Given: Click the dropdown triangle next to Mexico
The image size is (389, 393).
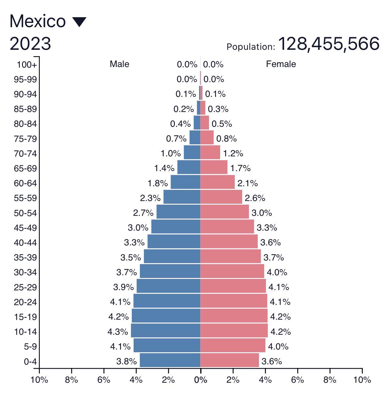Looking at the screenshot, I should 79,22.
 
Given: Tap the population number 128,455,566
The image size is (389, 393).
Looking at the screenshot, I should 329,44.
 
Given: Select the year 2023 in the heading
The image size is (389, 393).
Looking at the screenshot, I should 30,44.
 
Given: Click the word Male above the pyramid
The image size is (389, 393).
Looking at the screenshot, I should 119,64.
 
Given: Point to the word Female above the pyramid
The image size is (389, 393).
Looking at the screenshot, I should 281,64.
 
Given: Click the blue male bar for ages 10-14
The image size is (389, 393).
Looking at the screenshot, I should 166,331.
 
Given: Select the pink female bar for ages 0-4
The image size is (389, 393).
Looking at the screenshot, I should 229,360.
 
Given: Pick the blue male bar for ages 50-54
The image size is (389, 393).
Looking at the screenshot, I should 178,212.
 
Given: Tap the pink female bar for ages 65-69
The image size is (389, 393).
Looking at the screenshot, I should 214,167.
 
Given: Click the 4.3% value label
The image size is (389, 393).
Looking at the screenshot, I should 118,332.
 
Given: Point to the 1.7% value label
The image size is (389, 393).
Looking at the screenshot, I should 240,168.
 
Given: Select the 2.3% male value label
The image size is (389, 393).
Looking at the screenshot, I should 150,198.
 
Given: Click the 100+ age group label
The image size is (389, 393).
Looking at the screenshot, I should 27,65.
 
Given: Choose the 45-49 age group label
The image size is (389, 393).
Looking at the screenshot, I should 25,228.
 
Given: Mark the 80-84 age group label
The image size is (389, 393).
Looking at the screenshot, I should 25,124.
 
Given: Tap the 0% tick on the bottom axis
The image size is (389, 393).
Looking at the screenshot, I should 201,380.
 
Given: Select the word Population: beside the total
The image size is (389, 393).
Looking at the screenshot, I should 251,47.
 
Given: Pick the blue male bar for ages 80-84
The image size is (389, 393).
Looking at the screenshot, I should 197,123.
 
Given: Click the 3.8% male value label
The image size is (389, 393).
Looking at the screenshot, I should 126,361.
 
